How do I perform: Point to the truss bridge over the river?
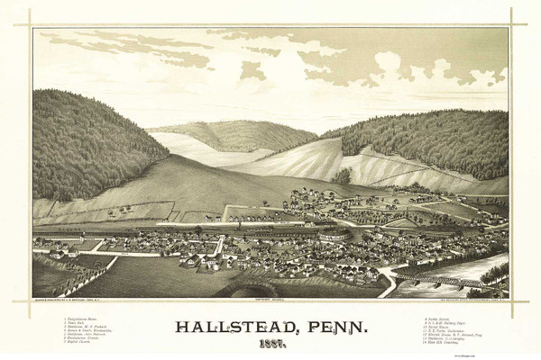point(446,283)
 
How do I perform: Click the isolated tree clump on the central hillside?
point(342,175)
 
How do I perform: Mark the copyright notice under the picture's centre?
point(270,301)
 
